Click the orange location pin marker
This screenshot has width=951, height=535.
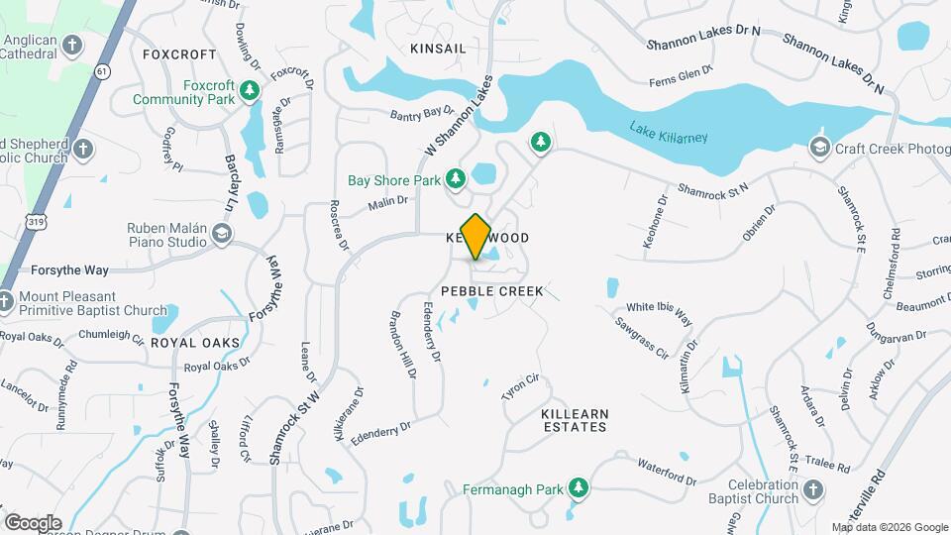click(476, 236)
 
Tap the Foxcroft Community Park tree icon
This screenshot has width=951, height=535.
click(251, 91)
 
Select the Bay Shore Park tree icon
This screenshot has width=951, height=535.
click(456, 179)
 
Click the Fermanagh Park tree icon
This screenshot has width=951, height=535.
click(579, 488)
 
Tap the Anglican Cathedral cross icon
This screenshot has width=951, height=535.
click(71, 45)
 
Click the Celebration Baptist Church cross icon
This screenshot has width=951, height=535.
click(812, 489)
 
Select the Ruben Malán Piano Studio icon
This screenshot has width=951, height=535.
click(222, 233)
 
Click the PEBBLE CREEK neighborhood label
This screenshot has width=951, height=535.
click(492, 291)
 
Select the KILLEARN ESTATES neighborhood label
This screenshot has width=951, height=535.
click(574, 419)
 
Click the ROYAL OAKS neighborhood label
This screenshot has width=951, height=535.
click(195, 342)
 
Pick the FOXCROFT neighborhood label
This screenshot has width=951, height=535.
click(179, 54)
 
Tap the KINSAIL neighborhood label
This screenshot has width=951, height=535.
click(437, 48)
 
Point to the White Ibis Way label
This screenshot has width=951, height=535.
click(658, 312)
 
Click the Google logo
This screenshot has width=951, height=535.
click(33, 522)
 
